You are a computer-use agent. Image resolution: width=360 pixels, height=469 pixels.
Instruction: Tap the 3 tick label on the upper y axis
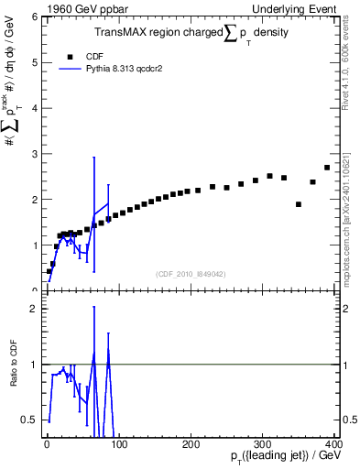35,154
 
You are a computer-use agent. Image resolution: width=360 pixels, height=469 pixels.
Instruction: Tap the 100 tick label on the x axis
118,442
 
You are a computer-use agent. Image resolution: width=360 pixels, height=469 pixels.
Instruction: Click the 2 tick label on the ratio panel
35,309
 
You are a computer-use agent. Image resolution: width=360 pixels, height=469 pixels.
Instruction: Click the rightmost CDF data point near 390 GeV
327,168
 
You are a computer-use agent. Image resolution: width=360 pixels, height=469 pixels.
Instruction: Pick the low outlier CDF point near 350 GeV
299,204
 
